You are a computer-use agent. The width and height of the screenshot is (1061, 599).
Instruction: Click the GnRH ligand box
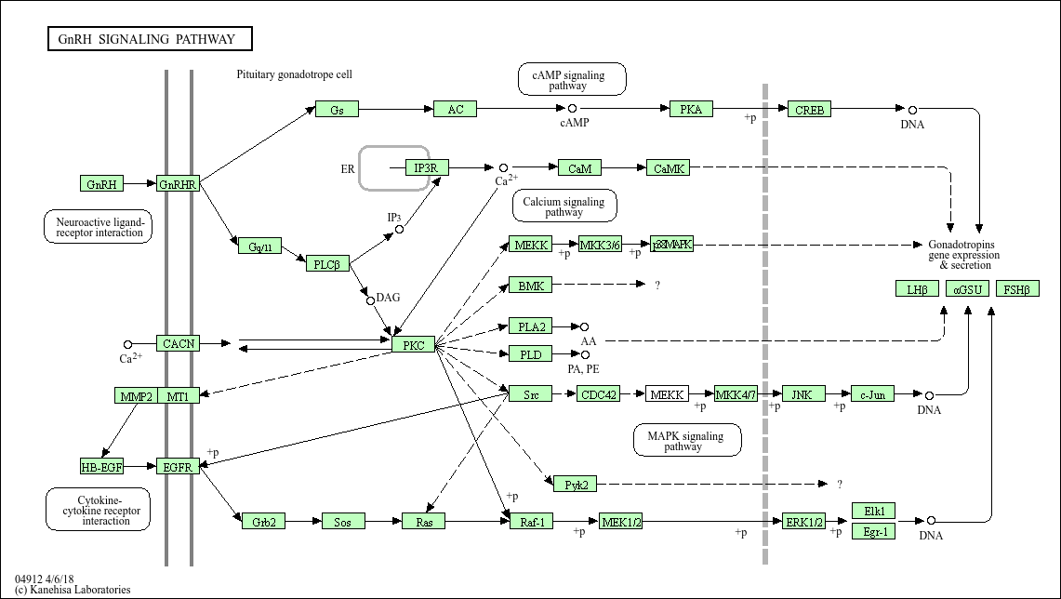pyautogui.click(x=101, y=184)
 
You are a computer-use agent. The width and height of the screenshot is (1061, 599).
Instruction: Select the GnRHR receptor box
pyautogui.click(x=179, y=184)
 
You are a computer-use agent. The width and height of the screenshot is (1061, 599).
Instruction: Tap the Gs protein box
pyautogui.click(x=337, y=110)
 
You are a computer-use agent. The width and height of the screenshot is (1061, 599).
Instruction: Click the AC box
pyautogui.click(x=455, y=109)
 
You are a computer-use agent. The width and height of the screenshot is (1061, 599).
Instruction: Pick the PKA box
pyautogui.click(x=691, y=109)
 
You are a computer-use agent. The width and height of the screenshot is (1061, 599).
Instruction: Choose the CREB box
pyautogui.click(x=809, y=110)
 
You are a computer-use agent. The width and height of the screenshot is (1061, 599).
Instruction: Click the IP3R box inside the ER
pyautogui.click(x=427, y=167)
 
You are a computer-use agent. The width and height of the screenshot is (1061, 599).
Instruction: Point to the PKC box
pyautogui.click(x=414, y=345)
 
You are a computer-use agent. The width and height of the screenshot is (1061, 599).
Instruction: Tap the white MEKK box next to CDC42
pyautogui.click(x=667, y=394)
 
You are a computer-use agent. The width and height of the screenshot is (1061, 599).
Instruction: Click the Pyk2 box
pyautogui.click(x=575, y=484)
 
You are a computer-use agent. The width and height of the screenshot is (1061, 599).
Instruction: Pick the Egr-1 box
pyautogui.click(x=873, y=532)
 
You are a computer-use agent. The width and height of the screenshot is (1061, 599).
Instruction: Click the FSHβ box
pyautogui.click(x=1016, y=289)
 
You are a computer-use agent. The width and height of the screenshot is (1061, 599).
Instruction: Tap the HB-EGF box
pyautogui.click(x=101, y=467)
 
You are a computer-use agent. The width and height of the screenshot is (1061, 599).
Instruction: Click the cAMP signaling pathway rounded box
pyautogui.click(x=572, y=79)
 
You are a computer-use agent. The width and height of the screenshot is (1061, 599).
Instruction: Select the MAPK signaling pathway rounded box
pyautogui.click(x=687, y=440)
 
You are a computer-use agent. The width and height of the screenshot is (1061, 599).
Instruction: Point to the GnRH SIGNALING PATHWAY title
pyautogui.click(x=150, y=39)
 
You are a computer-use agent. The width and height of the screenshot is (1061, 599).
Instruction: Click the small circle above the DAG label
pyautogui.click(x=370, y=300)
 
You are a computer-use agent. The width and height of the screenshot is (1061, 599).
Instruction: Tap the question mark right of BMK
pyautogui.click(x=657, y=286)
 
